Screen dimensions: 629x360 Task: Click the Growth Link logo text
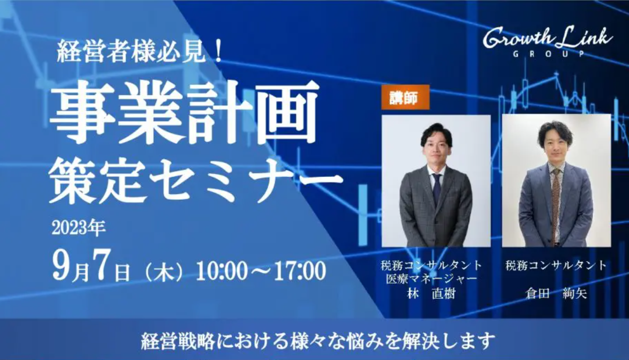click(x=548, y=38)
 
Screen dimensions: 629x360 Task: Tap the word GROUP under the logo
click(x=548, y=54)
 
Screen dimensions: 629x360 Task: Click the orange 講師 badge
click(x=405, y=97)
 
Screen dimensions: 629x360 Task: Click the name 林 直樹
click(x=431, y=294)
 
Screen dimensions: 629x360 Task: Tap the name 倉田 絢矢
click(x=556, y=294)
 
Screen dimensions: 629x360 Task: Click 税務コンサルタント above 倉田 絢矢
click(x=556, y=265)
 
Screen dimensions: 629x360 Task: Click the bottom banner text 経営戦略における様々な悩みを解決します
click(x=318, y=341)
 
